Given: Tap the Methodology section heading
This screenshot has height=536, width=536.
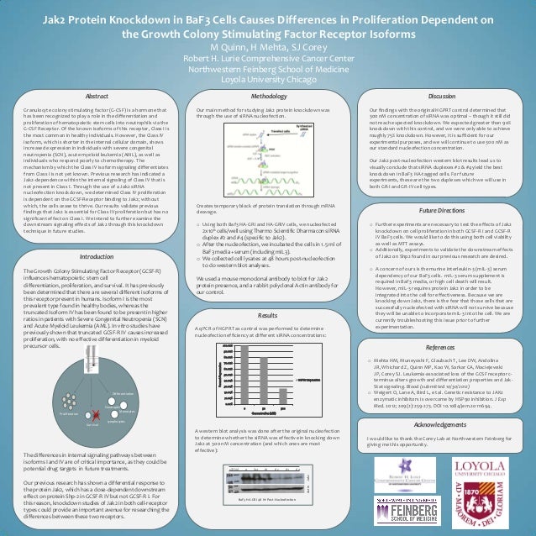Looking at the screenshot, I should (267, 97).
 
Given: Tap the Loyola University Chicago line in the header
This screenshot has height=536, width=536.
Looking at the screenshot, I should (267, 81).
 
